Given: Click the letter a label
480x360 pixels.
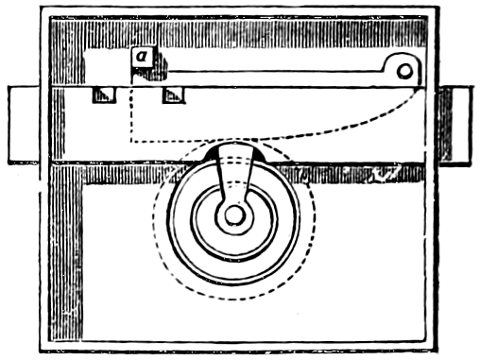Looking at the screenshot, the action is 142,57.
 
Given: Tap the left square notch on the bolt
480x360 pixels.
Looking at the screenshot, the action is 104,94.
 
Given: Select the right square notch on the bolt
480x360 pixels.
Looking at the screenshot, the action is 174,94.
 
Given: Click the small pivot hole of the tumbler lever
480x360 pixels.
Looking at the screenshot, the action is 404,71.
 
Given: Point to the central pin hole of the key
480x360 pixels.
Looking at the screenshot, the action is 234,215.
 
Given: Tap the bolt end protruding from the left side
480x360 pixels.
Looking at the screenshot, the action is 24,125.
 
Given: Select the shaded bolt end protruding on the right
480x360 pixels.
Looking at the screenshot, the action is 455,125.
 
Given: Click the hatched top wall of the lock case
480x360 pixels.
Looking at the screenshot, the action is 238,33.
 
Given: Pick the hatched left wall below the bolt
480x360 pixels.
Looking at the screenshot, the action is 67,252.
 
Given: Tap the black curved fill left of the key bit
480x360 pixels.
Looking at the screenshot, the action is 211,154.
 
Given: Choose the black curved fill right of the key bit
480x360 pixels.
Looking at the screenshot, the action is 259,154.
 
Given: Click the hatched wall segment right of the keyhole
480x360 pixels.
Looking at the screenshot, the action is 350,174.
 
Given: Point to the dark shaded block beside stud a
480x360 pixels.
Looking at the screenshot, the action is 159,68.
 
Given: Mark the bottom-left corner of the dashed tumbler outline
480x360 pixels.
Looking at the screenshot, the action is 131,142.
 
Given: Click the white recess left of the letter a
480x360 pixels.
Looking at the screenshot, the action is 107,66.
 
